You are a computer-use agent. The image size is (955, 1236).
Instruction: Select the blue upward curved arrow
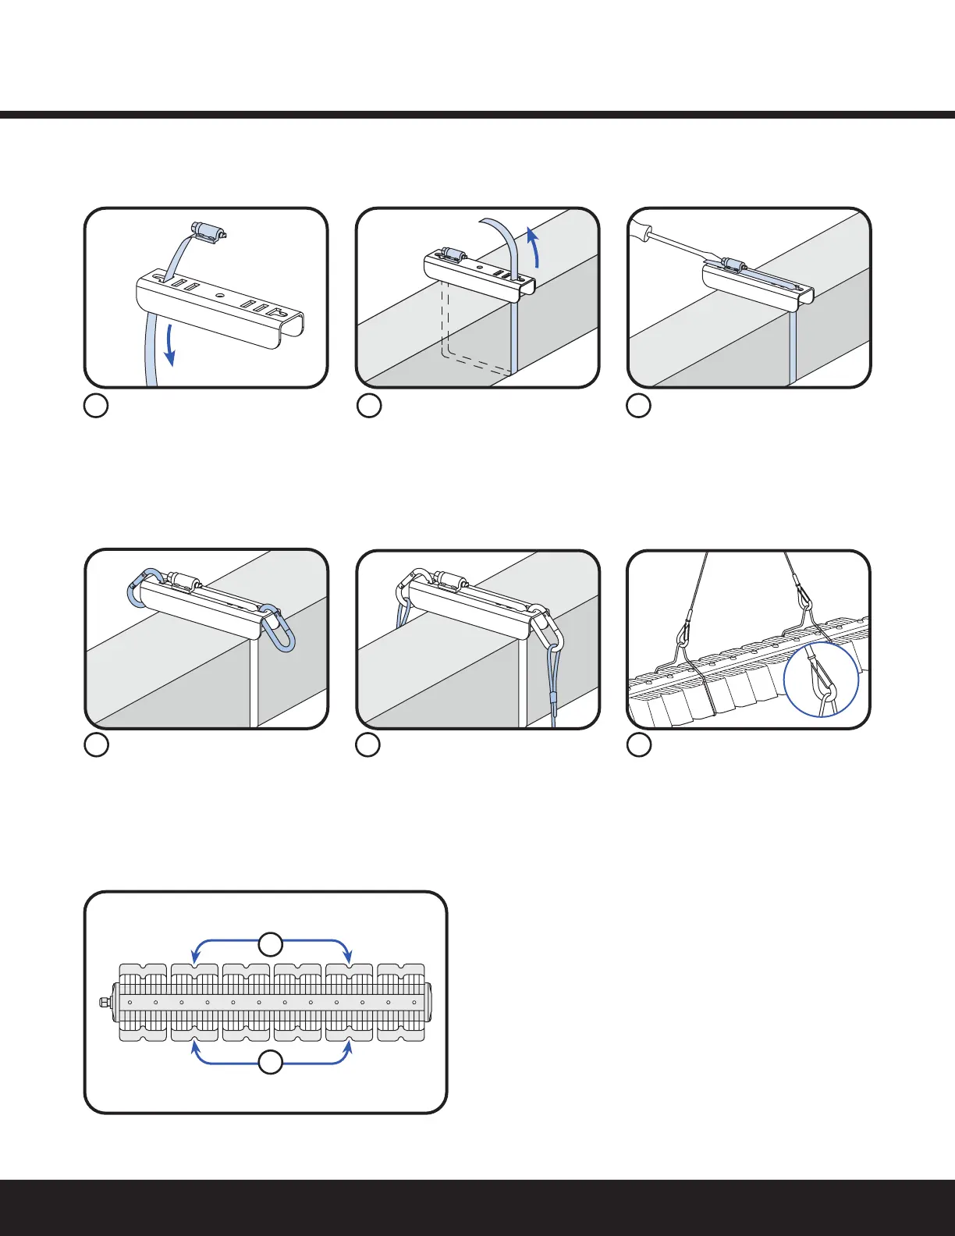(x=533, y=246)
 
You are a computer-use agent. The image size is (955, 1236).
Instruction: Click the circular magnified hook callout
(x=821, y=678)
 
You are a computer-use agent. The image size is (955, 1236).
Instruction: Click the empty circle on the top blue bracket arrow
(x=271, y=943)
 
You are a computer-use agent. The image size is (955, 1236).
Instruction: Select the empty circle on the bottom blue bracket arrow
(x=271, y=1063)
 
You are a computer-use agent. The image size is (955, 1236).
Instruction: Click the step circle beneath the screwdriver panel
(x=639, y=406)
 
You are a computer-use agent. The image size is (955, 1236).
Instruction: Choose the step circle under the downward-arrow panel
(x=96, y=406)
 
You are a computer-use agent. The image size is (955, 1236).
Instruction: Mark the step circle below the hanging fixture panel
(x=639, y=745)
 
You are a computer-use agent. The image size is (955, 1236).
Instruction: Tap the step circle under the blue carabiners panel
(x=96, y=745)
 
